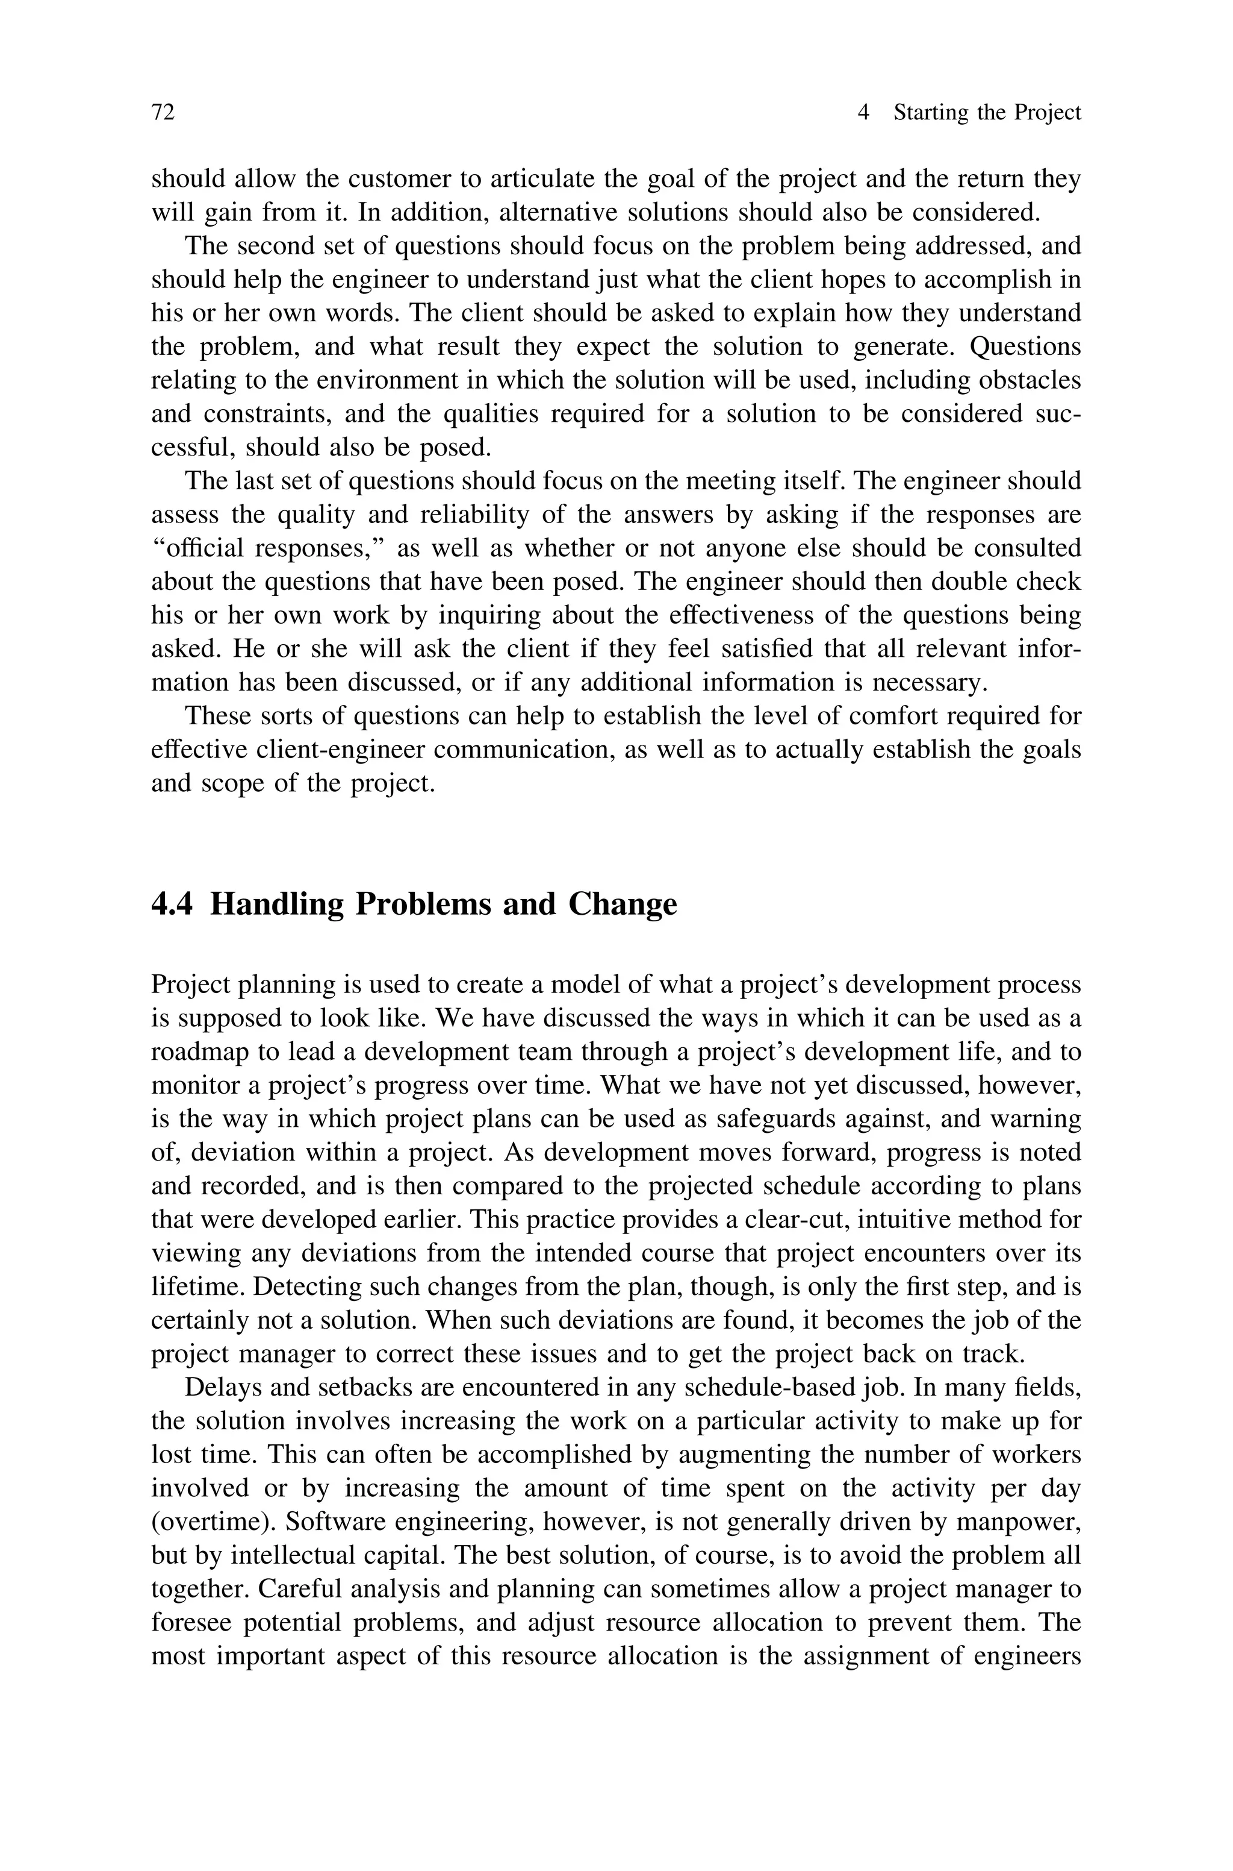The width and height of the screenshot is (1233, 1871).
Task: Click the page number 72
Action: (163, 113)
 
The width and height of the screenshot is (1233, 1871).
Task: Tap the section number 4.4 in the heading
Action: (172, 904)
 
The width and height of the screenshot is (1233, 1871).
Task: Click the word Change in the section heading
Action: (622, 904)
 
